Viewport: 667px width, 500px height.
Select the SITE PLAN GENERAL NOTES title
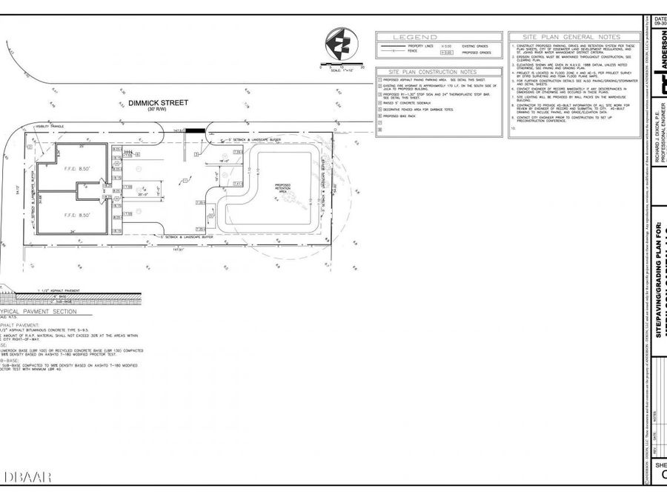571,36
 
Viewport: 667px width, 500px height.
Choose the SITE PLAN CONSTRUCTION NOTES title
438,72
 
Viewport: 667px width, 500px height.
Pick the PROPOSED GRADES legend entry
475,53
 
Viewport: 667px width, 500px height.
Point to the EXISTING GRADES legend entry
475,46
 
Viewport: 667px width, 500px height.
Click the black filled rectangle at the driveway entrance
194,130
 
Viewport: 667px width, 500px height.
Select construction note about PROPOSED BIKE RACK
404,116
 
